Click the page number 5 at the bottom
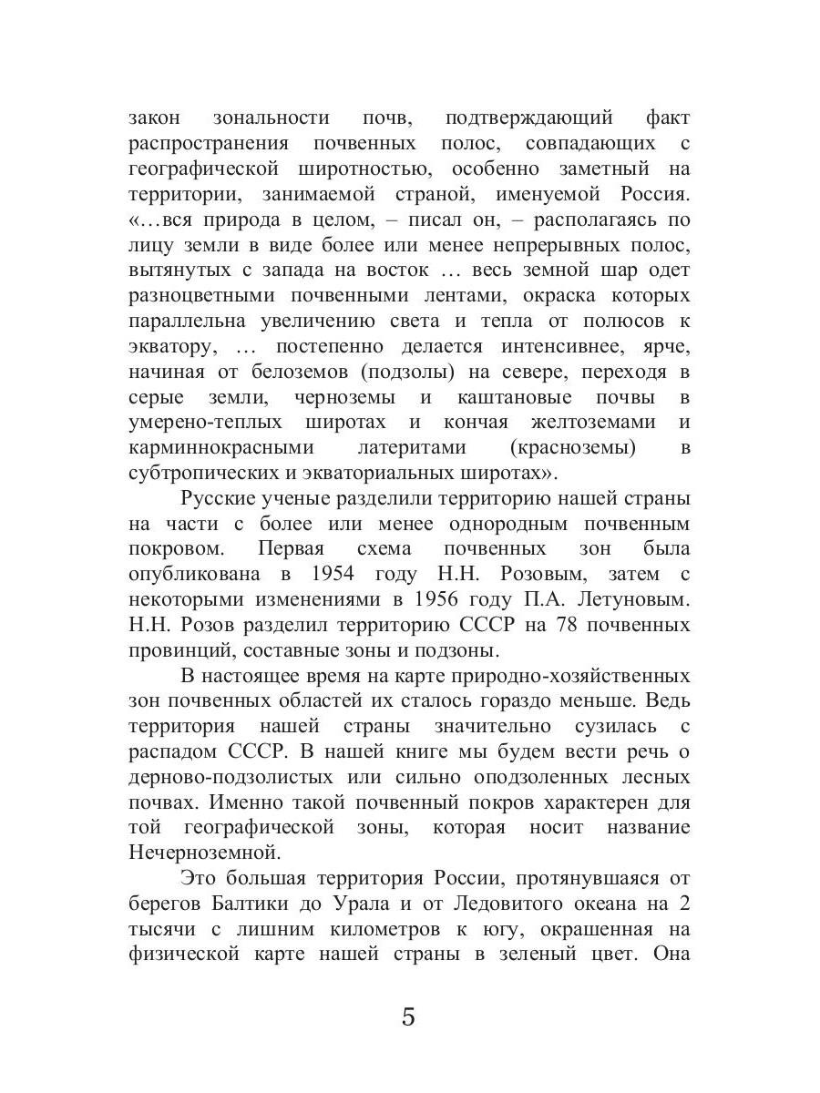408,1016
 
